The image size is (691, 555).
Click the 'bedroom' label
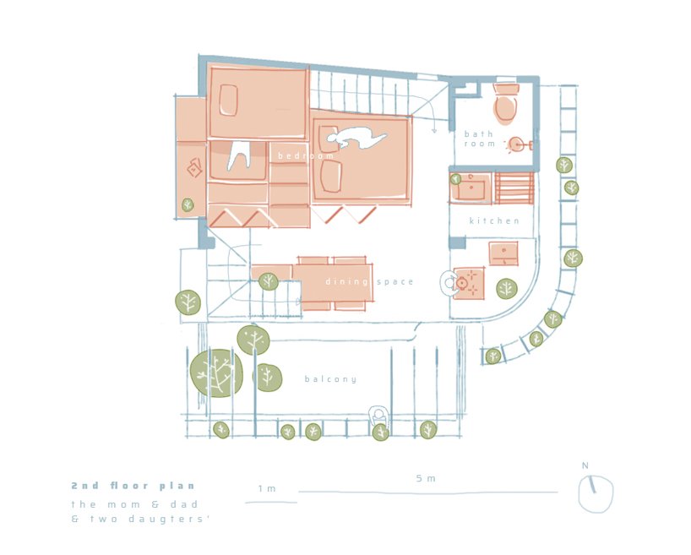(x=306, y=155)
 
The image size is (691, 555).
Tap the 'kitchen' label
(x=494, y=220)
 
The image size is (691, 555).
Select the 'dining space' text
(x=369, y=281)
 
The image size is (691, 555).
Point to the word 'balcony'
(x=330, y=379)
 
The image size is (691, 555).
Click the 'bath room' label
(x=480, y=139)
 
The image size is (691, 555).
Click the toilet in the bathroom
(x=505, y=103)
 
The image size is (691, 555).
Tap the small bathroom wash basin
(x=516, y=144)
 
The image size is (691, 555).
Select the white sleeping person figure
(x=356, y=138)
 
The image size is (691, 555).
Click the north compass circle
(x=596, y=493)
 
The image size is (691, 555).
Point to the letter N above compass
(x=585, y=465)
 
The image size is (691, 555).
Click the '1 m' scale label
(x=267, y=488)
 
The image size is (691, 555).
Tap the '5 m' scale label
(x=426, y=478)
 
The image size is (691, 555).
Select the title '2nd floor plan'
(x=133, y=486)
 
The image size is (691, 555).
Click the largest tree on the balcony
(x=216, y=373)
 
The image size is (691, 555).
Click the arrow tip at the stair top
(x=434, y=132)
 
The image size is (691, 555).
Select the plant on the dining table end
(x=268, y=281)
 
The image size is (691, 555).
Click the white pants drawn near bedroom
(x=239, y=155)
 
